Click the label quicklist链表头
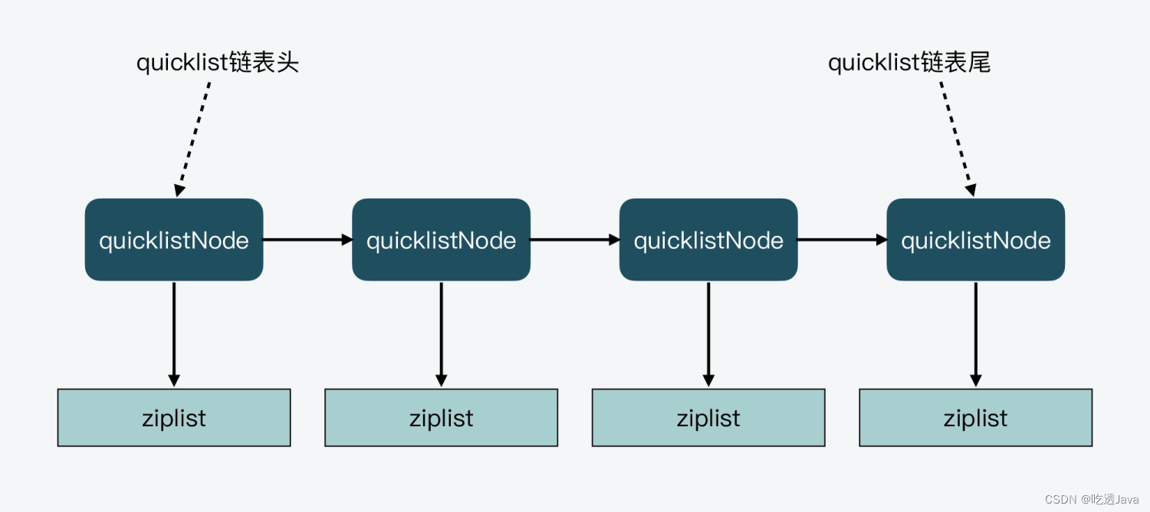[x=217, y=63]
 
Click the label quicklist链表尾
[x=909, y=63]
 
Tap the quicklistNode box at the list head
[x=174, y=240]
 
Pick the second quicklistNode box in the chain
[x=441, y=240]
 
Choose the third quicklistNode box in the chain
[x=708, y=240]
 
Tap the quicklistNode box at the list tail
[x=975, y=240]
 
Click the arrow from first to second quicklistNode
[x=307, y=240]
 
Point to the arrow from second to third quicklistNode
[x=575, y=240]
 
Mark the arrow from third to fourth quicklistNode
[x=842, y=240]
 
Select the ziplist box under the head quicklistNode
[x=174, y=418]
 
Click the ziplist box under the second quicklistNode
[x=441, y=418]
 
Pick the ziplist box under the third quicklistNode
[x=708, y=418]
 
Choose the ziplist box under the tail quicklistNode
[x=975, y=418]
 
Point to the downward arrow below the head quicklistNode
[x=174, y=334]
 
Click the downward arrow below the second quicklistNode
[x=441, y=334]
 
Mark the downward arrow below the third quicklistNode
[x=708, y=334]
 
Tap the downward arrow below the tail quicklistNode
[x=975, y=334]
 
